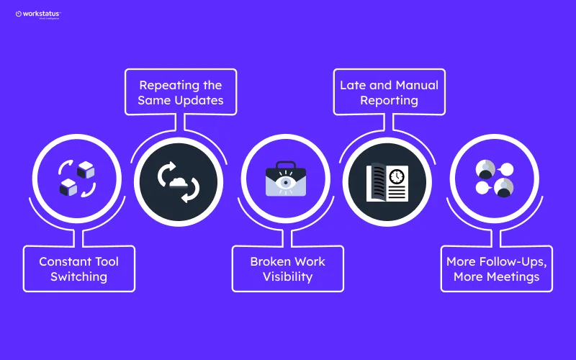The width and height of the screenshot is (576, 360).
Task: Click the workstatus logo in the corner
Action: point(38,14)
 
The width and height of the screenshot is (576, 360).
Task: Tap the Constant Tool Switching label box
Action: point(78,269)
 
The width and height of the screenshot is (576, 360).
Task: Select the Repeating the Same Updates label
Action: point(180,92)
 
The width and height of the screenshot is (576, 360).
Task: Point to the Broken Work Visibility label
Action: point(287,269)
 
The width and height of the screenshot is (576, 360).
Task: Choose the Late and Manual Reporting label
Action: point(389,92)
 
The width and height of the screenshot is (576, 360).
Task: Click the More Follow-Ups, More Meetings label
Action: point(496,269)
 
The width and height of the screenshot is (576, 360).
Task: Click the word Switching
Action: point(78,277)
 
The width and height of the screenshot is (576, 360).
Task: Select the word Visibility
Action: point(287,277)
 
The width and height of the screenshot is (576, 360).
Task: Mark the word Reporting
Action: point(389,101)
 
